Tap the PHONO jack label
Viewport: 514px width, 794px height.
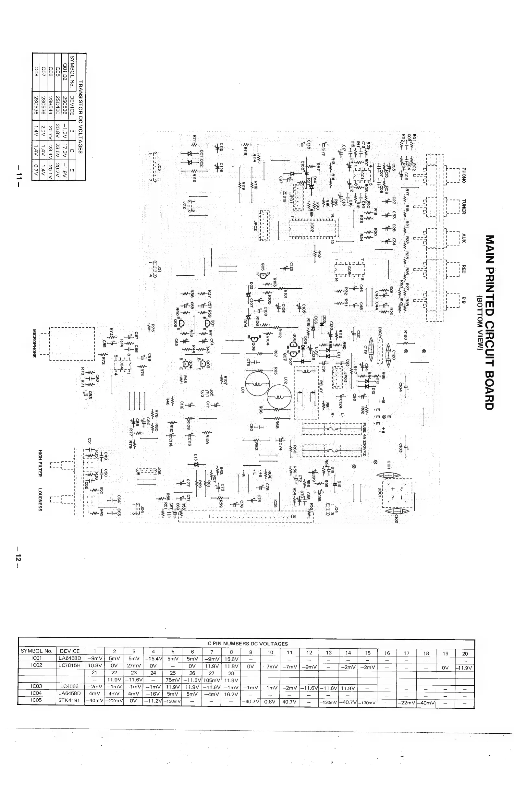[x=464, y=174]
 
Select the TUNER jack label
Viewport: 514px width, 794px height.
[x=464, y=207]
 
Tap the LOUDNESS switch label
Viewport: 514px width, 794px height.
[x=40, y=499]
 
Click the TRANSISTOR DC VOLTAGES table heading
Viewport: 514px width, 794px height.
[x=80, y=117]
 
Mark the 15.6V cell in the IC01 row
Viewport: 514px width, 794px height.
[x=231, y=659]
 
